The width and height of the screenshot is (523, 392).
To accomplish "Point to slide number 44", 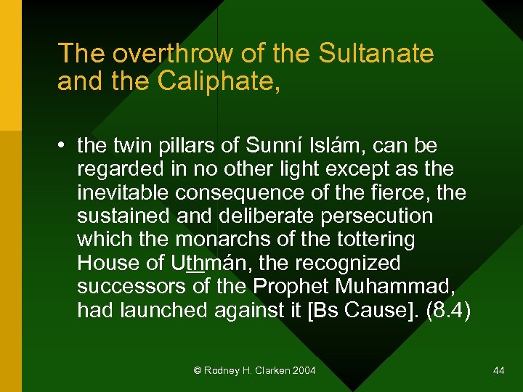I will [498, 370].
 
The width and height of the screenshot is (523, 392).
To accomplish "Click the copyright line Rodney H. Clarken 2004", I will [255, 370].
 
